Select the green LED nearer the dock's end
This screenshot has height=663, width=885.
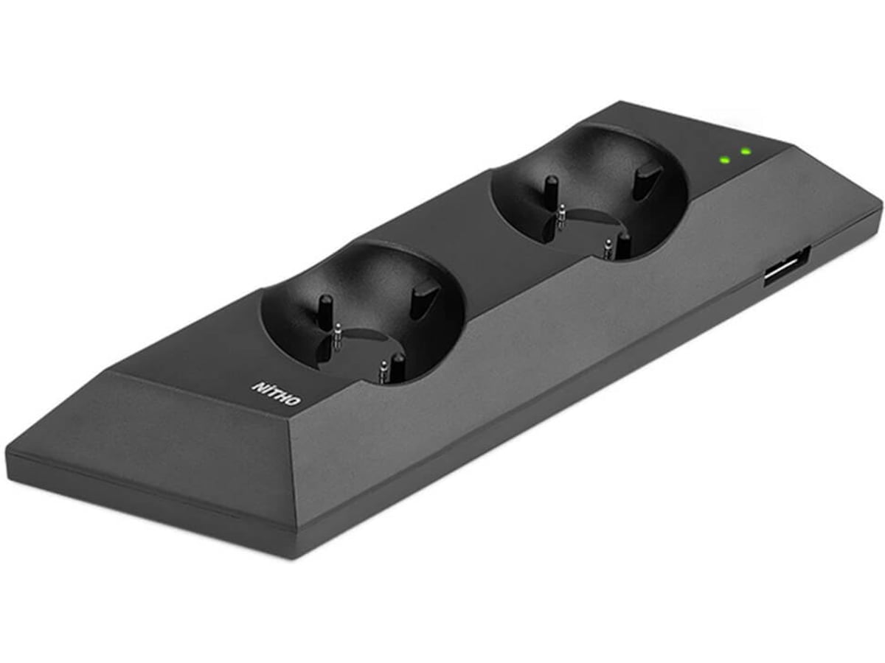746,152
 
